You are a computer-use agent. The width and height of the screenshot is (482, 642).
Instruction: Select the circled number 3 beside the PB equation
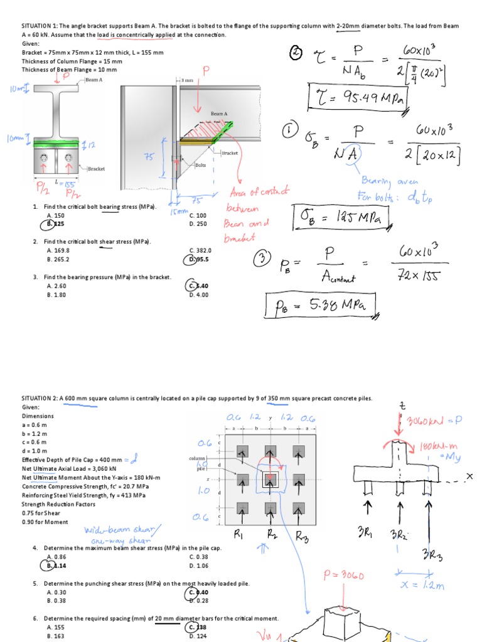(263, 259)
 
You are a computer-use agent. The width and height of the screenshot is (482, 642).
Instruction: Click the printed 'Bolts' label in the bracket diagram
(200, 166)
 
